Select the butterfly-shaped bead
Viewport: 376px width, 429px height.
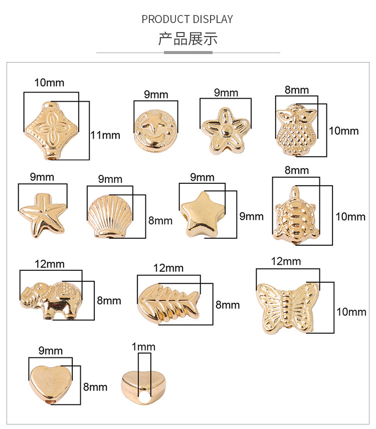tap(288, 306)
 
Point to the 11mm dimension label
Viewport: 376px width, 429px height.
tap(105, 135)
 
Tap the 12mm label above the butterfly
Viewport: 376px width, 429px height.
tap(286, 261)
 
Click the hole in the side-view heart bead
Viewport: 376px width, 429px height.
tap(147, 396)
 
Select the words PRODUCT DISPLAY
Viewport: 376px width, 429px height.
tap(187, 20)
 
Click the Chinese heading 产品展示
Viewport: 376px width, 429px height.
tap(187, 39)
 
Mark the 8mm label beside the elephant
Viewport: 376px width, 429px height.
tap(109, 301)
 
